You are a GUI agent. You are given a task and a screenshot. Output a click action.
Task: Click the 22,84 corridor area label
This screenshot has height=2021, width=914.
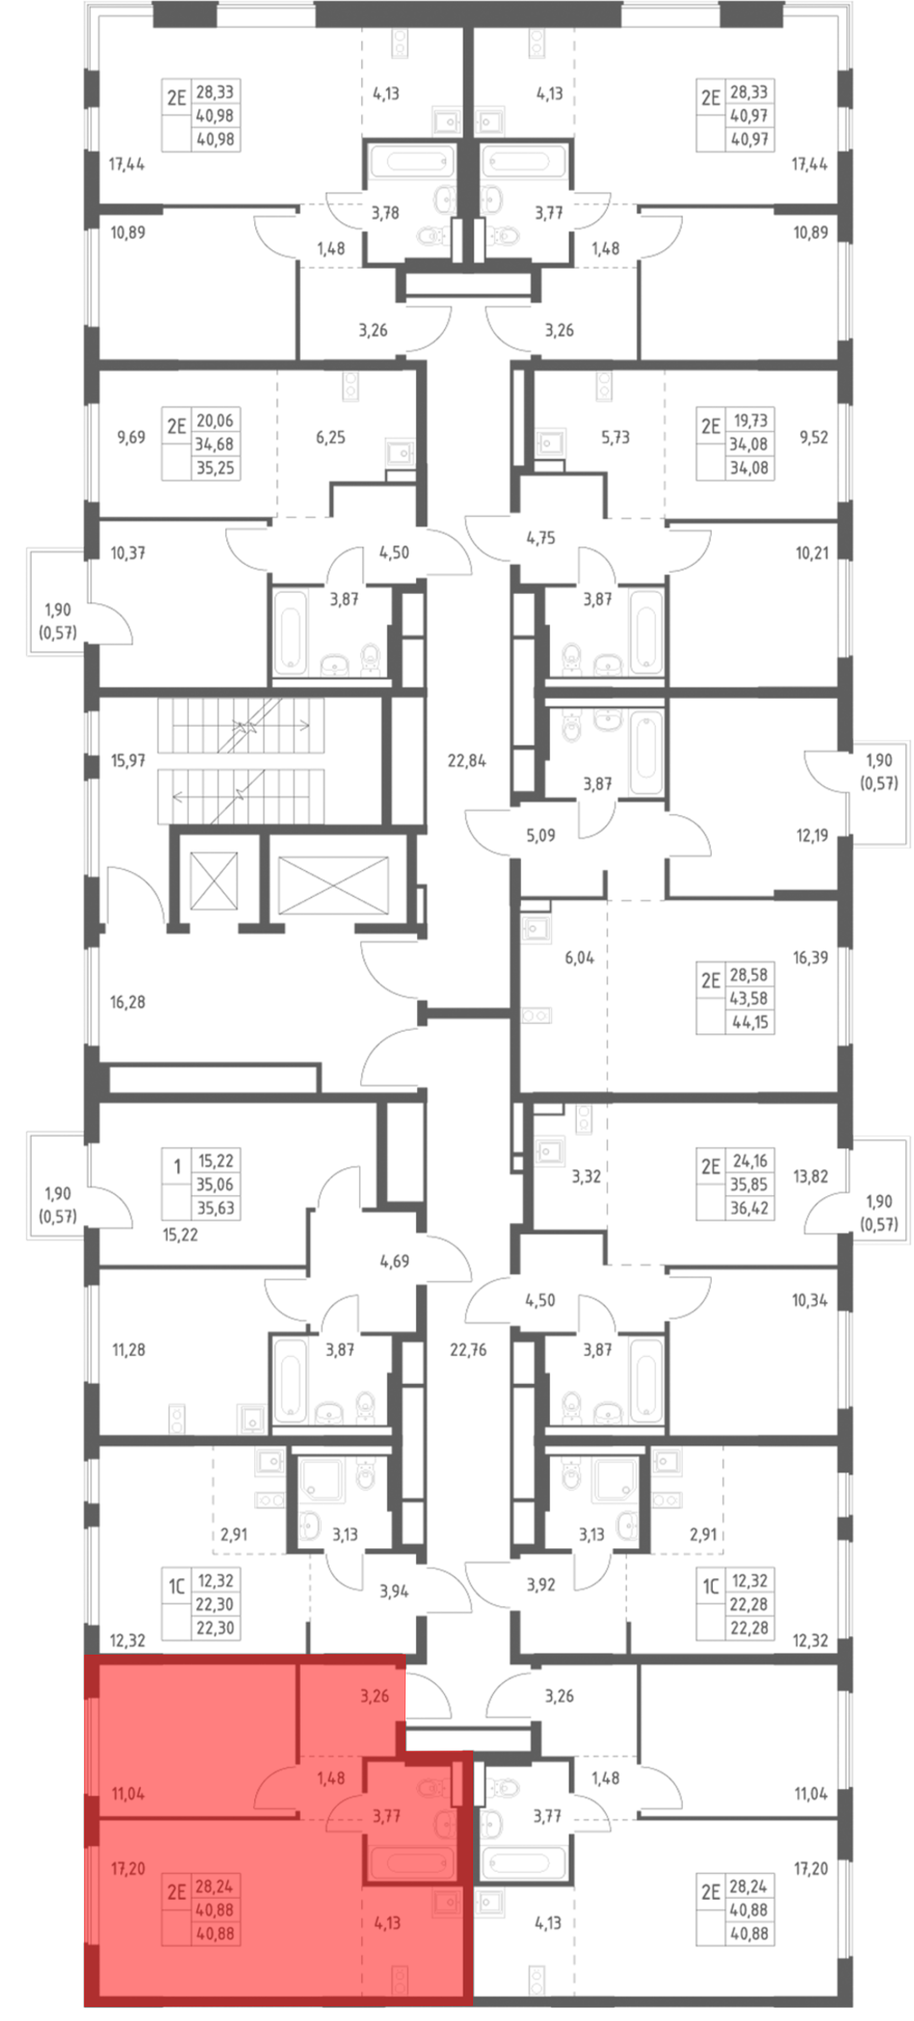466,760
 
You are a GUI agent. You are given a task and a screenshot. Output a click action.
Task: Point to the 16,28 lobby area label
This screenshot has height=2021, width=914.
127,1002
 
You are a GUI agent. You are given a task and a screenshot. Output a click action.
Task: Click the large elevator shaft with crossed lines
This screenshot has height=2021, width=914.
334,885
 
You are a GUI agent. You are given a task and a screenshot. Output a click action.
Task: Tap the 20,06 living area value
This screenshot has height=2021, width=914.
215,421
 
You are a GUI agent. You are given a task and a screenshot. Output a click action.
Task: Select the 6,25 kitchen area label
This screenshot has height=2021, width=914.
330,437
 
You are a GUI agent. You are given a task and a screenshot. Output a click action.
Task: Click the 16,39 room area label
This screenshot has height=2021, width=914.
810,957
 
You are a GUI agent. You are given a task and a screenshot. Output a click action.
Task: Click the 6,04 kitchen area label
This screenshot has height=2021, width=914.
579,957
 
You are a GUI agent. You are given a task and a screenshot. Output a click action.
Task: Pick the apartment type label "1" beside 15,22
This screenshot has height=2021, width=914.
177,1167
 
